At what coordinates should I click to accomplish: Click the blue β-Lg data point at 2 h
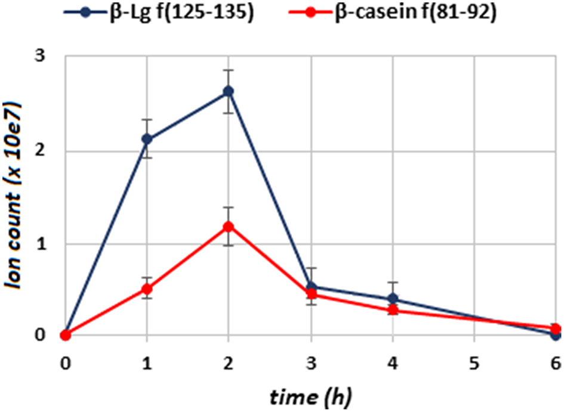pos(228,91)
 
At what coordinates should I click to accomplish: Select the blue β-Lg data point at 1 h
pos(147,139)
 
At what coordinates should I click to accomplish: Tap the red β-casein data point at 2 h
pos(228,227)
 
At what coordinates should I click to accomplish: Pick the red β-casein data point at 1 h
pos(147,290)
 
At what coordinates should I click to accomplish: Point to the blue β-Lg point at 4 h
pos(392,298)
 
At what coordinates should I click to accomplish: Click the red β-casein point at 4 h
pos(392,309)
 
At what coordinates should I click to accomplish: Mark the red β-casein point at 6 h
pos(556,329)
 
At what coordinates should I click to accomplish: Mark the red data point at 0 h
pos(65,335)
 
